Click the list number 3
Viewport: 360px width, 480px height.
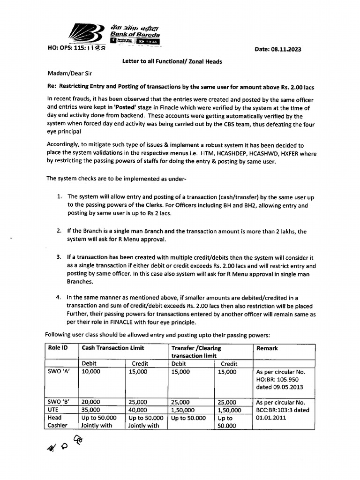click(59, 258)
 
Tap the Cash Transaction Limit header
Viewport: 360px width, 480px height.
click(113, 348)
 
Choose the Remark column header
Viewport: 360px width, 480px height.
click(267, 348)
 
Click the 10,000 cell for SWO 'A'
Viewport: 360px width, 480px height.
click(91, 371)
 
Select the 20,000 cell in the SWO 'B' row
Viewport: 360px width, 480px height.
click(91, 402)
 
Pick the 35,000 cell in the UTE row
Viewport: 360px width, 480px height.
click(91, 410)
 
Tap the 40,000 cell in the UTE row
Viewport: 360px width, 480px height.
click(139, 410)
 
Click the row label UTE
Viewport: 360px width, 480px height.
click(54, 410)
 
